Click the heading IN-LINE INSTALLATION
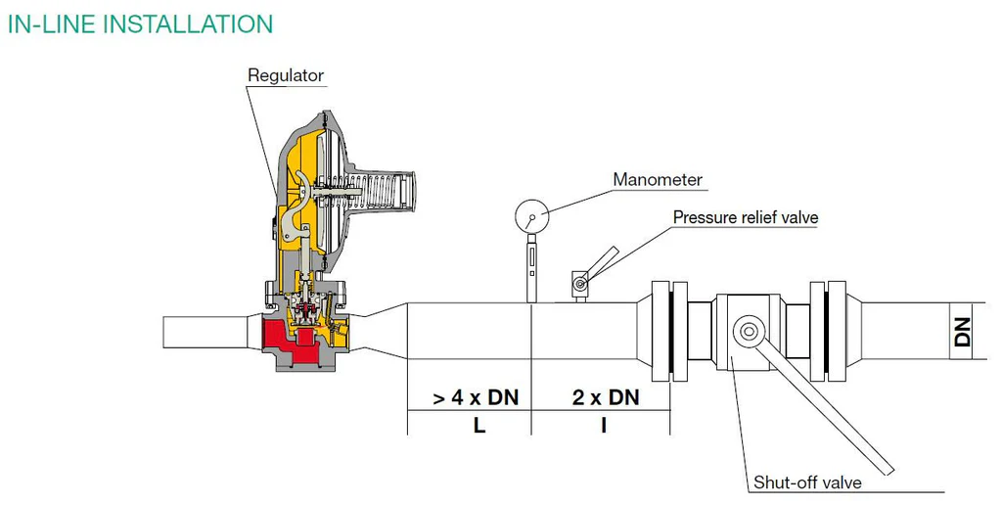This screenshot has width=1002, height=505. (140, 24)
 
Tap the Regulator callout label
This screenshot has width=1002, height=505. (286, 75)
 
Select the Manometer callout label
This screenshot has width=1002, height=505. (658, 180)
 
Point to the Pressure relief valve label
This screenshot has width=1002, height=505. (746, 217)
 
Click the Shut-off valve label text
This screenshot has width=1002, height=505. (807, 482)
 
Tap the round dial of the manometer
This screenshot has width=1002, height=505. (531, 217)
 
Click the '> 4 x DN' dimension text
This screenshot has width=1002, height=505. (477, 397)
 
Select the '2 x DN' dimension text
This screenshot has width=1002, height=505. (606, 397)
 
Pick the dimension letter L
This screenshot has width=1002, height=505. (479, 425)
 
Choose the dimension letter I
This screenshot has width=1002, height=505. (603, 425)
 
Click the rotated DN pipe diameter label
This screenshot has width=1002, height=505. (962, 332)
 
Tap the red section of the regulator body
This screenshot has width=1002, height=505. (288, 340)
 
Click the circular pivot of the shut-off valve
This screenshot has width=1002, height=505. (749, 331)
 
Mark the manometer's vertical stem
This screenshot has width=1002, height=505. (531, 268)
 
